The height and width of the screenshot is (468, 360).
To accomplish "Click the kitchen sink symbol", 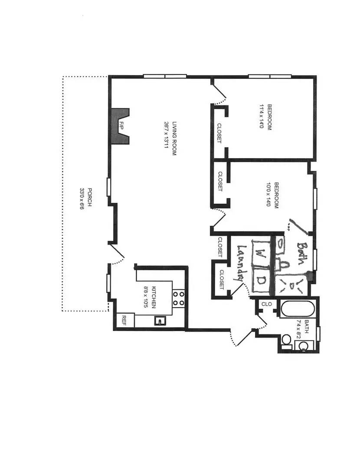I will (161, 321).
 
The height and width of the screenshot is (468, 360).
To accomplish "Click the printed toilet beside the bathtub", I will (286, 341).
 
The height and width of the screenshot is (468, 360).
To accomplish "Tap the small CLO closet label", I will (267, 304).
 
